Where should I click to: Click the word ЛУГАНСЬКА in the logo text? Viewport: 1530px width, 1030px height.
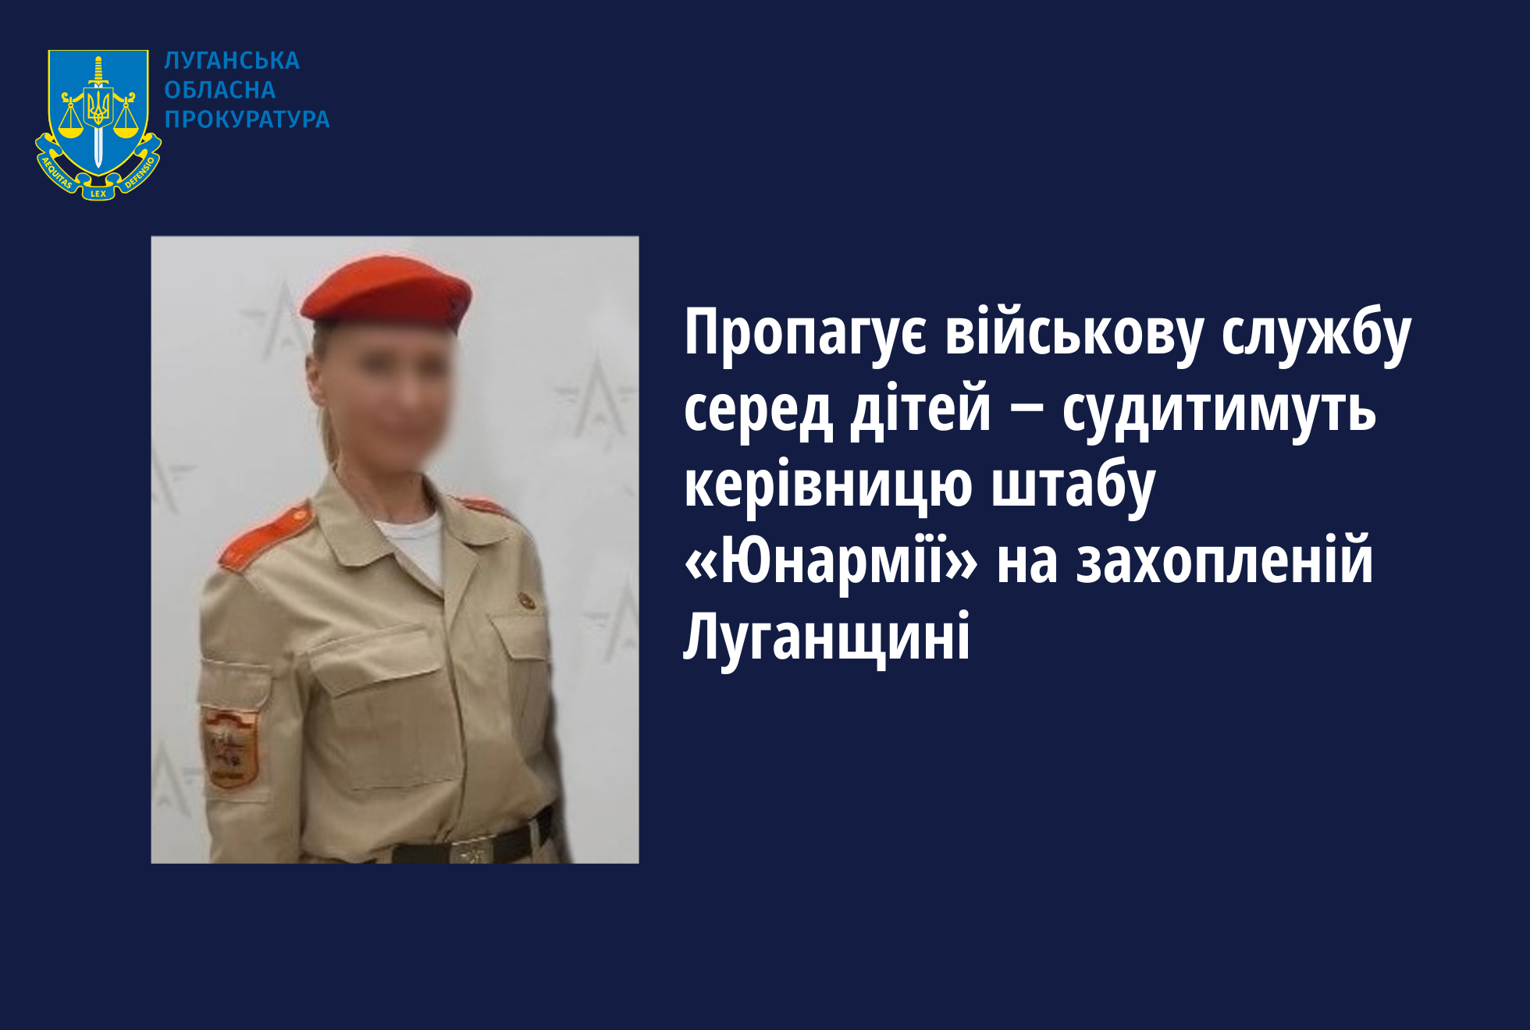pos(232,61)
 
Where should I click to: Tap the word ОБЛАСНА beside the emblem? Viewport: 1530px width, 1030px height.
pos(220,91)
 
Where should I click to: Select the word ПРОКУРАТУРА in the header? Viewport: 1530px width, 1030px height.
pos(247,119)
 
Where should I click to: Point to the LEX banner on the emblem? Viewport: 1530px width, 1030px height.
pos(98,193)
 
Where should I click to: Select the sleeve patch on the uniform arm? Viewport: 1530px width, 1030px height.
pos(231,748)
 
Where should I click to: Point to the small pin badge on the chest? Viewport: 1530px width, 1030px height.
pos(528,600)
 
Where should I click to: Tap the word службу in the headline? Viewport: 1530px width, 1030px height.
pos(1317,334)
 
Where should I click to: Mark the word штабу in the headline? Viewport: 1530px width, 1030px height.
pos(1073,485)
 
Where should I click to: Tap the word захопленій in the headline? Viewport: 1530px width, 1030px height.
pos(1224,560)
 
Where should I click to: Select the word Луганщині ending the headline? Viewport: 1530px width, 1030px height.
pos(827,636)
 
